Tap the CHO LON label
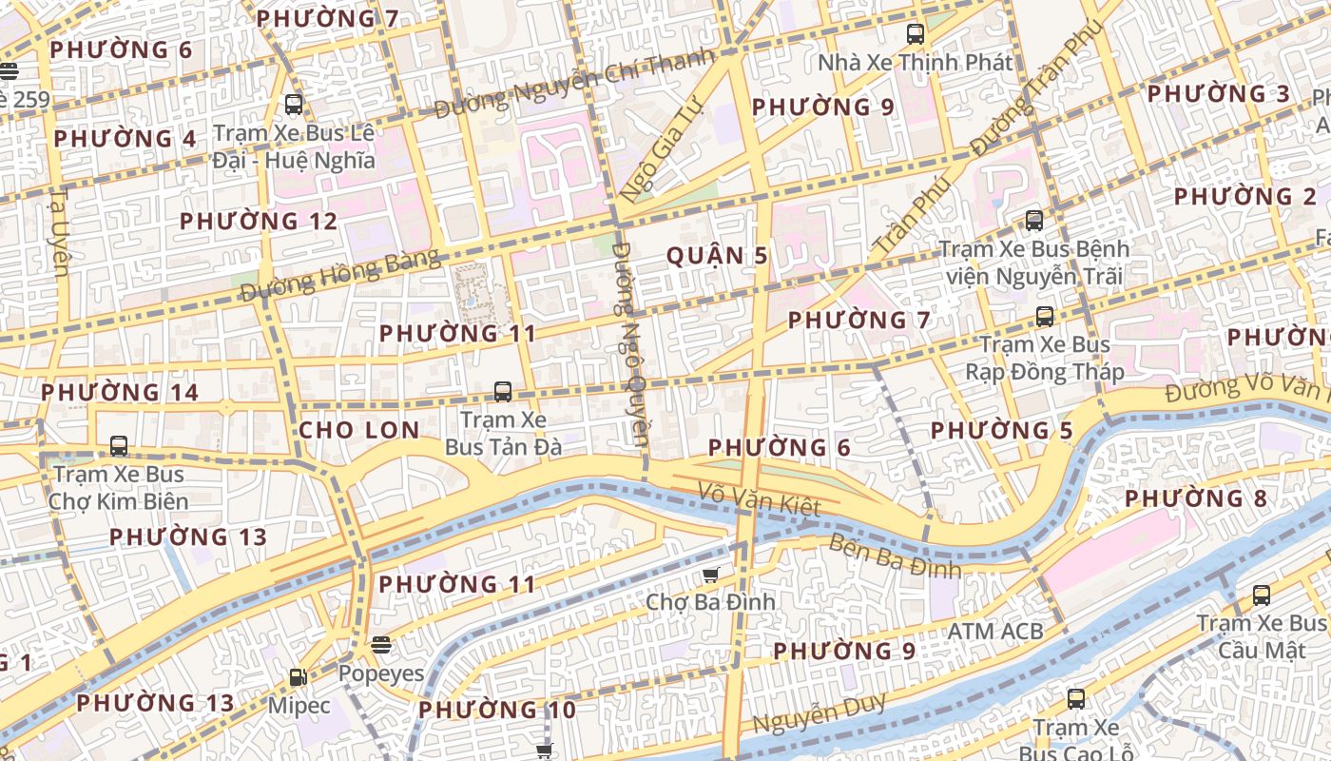[x=358, y=430]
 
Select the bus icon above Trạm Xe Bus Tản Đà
[x=503, y=391]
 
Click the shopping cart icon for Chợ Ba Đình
[x=710, y=575]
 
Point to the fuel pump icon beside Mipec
[x=298, y=677]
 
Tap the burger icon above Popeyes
[x=381, y=645]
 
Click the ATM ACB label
[x=994, y=631]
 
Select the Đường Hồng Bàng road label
[x=340, y=275]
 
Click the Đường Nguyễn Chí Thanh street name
[x=573, y=84]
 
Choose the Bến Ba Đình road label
[x=894, y=557]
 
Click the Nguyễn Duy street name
[x=820, y=714]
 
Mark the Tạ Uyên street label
[x=59, y=232]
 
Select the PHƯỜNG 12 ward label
[x=259, y=222]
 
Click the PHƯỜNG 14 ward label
[x=120, y=392]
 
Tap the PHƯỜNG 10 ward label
[x=497, y=710]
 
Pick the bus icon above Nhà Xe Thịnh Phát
[x=916, y=34]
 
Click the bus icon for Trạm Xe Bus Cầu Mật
[x=1261, y=595]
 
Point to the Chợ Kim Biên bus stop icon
[x=119, y=445]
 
